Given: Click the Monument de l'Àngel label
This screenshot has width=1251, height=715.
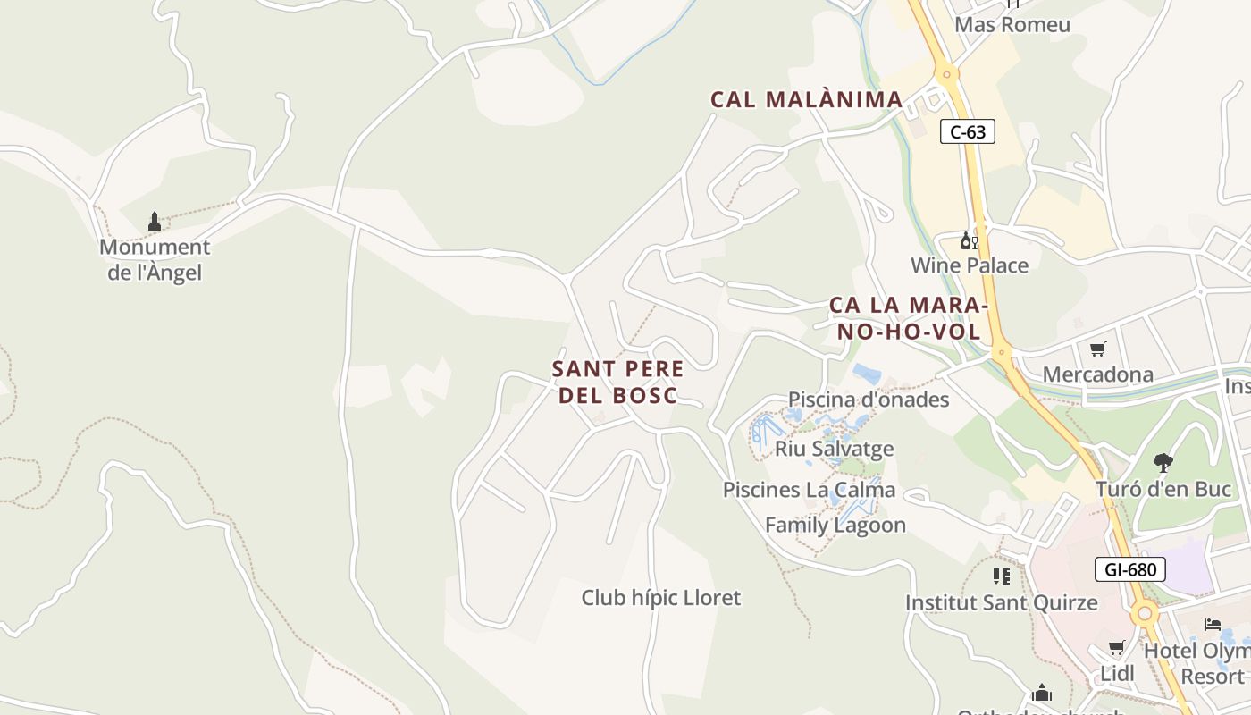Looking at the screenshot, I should click(x=155, y=260).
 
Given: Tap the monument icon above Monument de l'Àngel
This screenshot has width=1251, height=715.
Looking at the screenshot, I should click(x=155, y=221).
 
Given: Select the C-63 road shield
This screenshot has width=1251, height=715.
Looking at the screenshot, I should click(x=968, y=132).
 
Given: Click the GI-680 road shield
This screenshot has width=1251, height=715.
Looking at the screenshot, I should click(x=1130, y=569).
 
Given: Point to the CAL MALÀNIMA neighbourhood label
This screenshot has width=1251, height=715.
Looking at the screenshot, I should click(x=806, y=99).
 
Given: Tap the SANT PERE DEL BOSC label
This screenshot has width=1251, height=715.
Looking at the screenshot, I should click(x=617, y=382).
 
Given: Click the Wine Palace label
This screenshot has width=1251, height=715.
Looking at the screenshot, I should click(x=970, y=265).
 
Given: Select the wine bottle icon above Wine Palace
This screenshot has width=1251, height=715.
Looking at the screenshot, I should click(x=970, y=240).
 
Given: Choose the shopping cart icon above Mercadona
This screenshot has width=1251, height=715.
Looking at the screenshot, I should click(x=1097, y=349).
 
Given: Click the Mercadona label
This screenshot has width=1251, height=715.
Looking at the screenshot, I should click(x=1097, y=374).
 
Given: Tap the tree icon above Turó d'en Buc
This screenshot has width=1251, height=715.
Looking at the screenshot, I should click(x=1163, y=463).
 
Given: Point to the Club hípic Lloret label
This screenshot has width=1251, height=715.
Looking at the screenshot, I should click(x=661, y=597).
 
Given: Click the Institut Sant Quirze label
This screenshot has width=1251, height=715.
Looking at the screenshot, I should click(x=1001, y=602).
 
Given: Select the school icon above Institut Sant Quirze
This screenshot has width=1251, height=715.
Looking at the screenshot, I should click(x=1001, y=576).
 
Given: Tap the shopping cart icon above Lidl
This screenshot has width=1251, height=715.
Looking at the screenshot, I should click(x=1116, y=647).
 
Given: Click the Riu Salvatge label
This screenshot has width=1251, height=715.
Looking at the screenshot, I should click(x=834, y=449).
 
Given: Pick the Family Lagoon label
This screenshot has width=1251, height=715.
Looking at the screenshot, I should click(x=835, y=526).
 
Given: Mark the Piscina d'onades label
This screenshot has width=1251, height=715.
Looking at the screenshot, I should click(x=868, y=400).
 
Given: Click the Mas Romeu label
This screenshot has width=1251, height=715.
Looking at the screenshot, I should click(x=1012, y=24).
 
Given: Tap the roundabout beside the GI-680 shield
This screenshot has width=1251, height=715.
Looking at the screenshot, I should click(x=1144, y=614).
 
